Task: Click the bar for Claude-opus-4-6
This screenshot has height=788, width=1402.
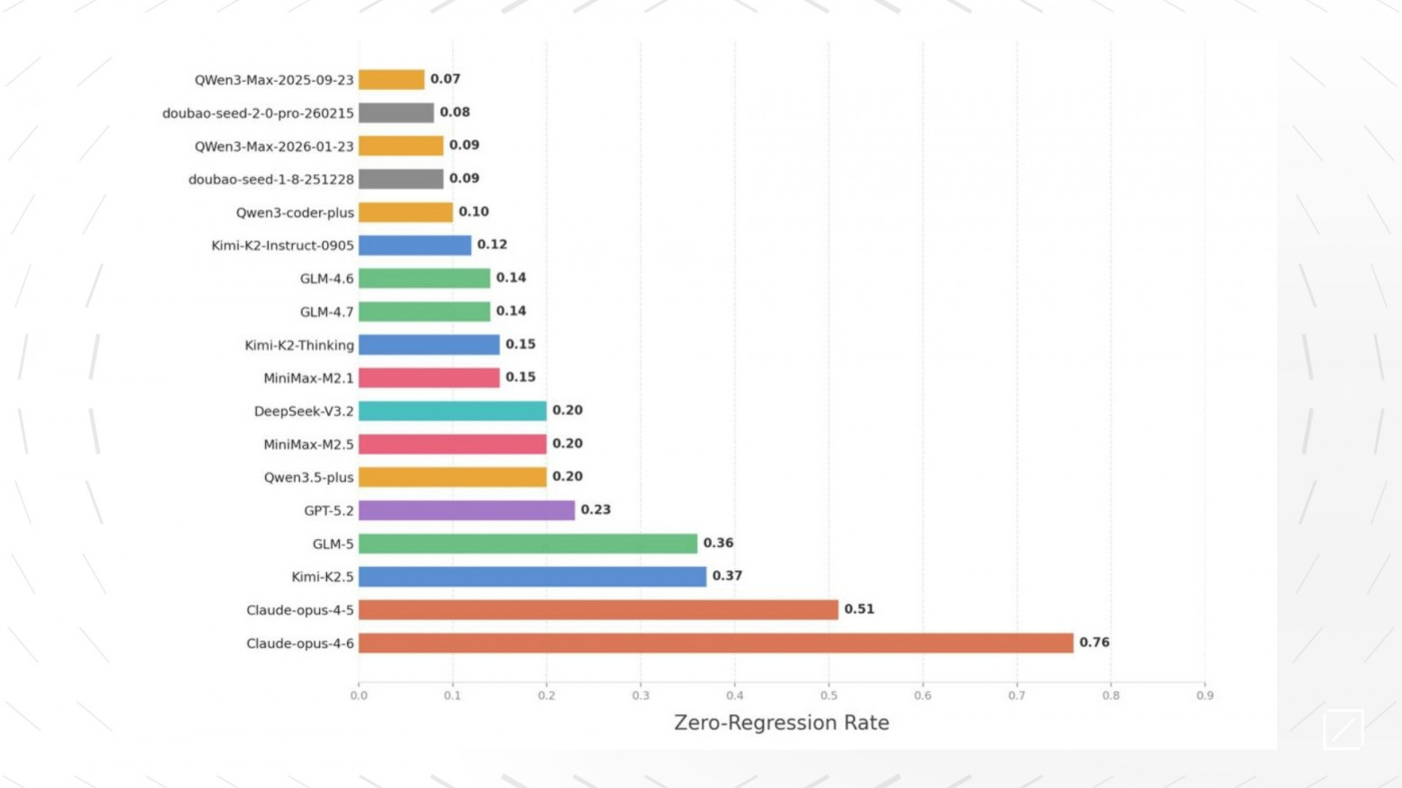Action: pos(715,643)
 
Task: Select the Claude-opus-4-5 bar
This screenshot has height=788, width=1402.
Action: pos(598,610)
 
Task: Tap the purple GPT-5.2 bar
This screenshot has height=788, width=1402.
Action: pos(466,510)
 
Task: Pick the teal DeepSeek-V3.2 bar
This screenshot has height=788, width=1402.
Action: pos(452,411)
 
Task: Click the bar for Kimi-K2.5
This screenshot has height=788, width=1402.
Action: pos(532,577)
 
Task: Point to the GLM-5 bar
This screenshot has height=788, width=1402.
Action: pos(528,544)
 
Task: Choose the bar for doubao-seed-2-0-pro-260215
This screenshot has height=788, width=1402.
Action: pos(395,112)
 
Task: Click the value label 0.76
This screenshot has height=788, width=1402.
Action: pos(1094,642)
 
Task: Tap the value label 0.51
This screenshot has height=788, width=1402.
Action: pos(858,609)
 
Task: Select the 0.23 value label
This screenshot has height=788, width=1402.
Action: pos(595,509)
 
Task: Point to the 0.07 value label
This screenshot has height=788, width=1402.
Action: pos(445,79)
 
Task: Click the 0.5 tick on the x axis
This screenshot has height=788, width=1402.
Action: pos(829,695)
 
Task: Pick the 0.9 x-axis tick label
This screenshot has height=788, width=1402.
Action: pos(1204,695)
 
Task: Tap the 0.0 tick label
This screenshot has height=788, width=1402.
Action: pos(359,695)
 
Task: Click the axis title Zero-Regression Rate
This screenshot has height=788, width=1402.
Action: pos(781,722)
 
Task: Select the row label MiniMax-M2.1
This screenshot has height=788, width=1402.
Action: pos(308,378)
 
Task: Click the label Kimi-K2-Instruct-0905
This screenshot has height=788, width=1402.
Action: pos(282,245)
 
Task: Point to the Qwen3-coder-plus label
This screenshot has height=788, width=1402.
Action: pos(295,212)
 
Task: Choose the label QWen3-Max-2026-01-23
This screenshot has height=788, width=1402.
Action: pos(274,146)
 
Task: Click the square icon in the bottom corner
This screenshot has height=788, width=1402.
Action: pos(1343,729)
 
